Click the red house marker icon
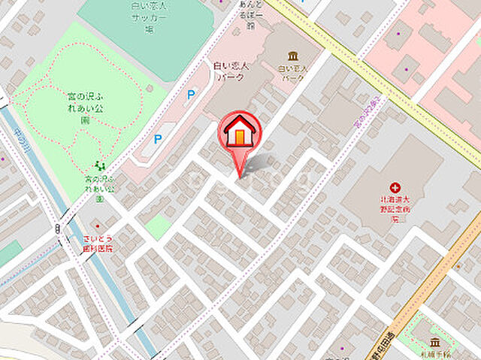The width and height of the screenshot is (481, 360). [x=240, y=132]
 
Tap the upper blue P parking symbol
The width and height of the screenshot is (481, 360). [x=191, y=95]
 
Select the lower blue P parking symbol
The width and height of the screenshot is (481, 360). [x=158, y=139]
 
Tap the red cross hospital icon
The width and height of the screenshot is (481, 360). [x=394, y=188]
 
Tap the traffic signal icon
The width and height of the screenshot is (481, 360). [x=57, y=228]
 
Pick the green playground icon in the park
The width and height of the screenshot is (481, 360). [x=98, y=165]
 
